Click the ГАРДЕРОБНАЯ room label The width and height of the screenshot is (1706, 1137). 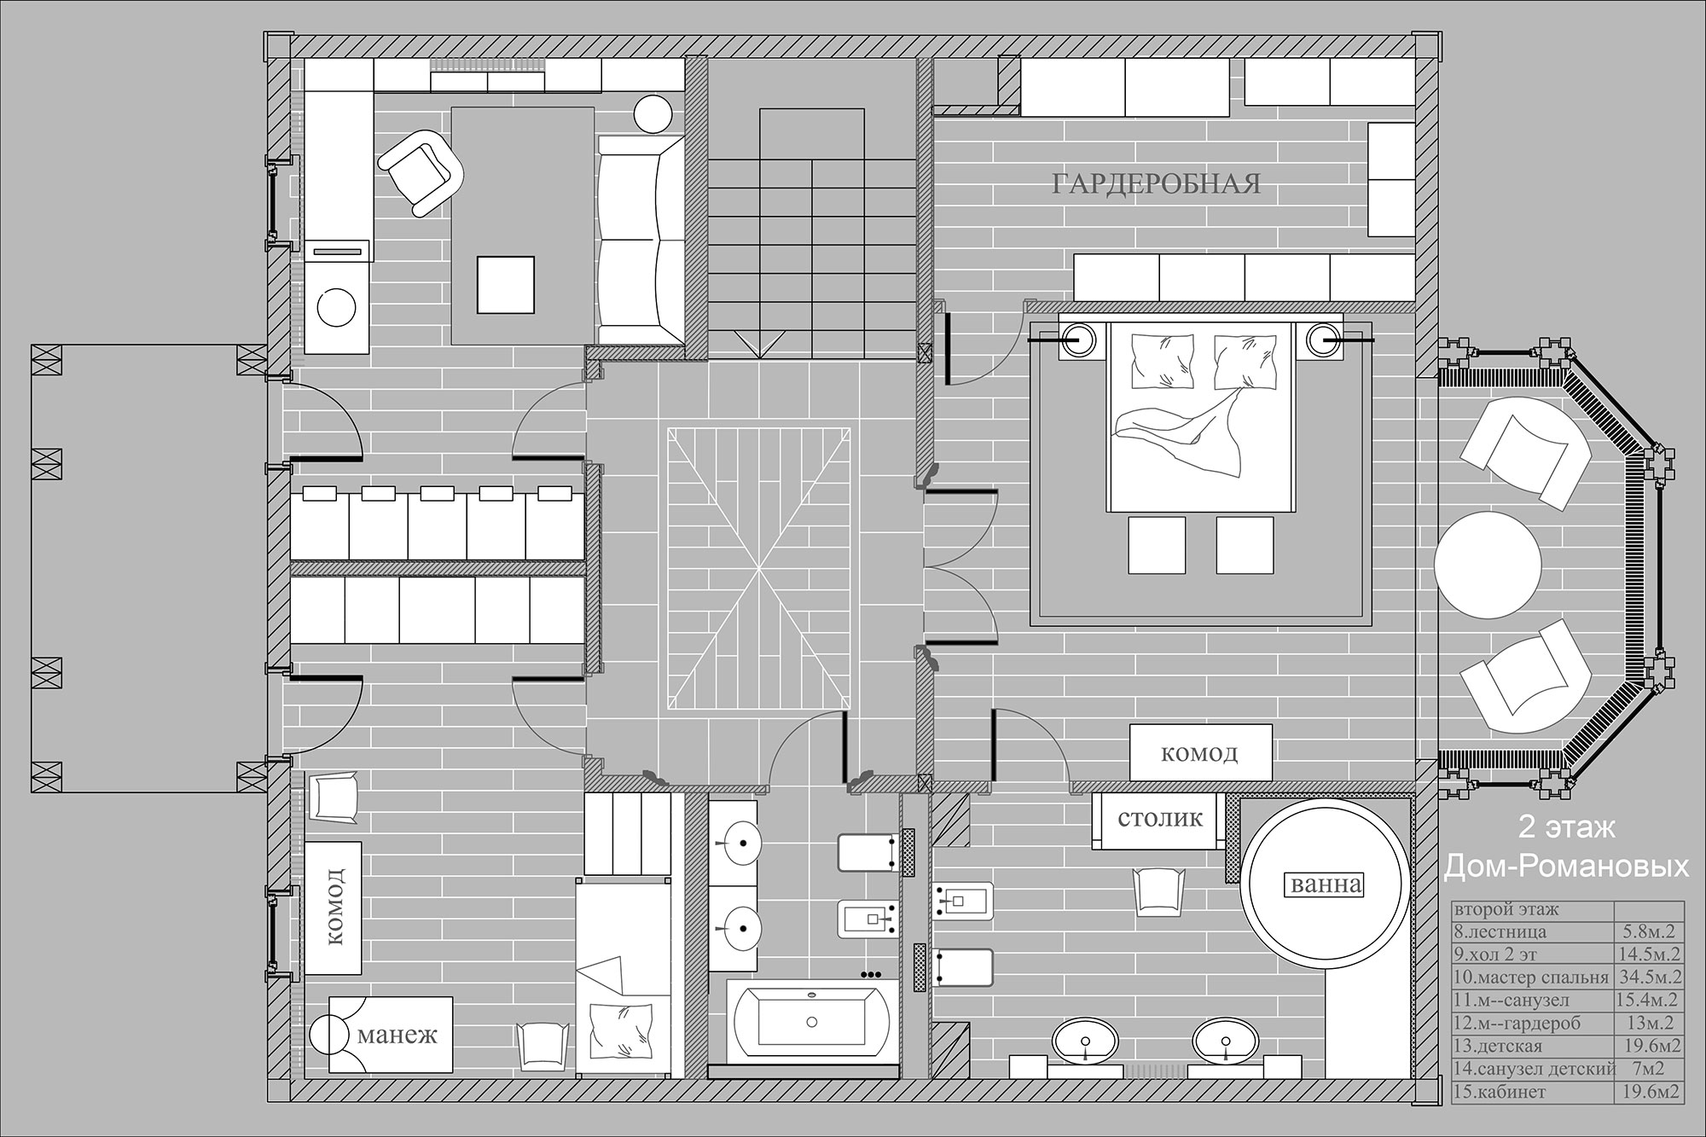click(1156, 184)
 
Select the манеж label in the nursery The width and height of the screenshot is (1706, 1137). click(397, 1036)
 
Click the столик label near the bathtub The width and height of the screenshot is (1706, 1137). click(1160, 819)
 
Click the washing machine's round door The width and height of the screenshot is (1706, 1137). click(338, 305)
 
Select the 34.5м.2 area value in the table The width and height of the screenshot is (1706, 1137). click(1650, 977)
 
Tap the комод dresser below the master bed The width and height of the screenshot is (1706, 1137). click(1200, 752)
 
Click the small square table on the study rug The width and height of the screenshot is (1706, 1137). click(507, 286)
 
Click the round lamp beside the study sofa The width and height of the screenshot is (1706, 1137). click(653, 113)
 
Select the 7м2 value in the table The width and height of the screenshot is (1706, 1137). click(1649, 1069)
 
